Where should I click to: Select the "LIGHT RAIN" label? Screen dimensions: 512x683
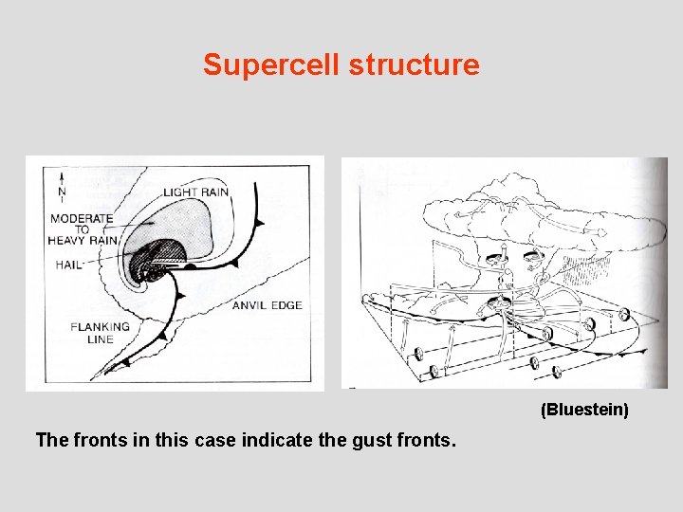(x=195, y=192)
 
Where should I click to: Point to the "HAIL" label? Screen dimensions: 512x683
(x=69, y=265)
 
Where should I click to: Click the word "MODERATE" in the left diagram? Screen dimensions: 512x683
(x=82, y=218)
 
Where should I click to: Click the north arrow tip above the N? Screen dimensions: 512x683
(x=62, y=173)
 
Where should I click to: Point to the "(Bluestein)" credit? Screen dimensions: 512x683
(x=584, y=410)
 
